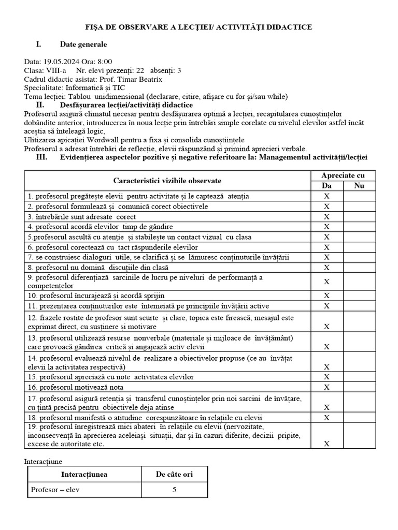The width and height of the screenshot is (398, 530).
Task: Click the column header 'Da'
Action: point(326,186)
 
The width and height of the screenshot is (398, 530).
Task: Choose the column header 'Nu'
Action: point(359,186)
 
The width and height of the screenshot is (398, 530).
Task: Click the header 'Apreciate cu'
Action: point(343,175)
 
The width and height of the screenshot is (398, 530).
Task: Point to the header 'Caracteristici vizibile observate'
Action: point(167,181)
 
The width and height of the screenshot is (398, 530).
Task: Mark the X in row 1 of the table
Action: point(326,196)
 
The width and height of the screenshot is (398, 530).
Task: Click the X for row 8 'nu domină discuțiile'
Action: point(326,268)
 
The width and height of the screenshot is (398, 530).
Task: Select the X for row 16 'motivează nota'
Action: point(326,387)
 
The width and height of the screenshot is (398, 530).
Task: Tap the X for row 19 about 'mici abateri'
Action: point(326,444)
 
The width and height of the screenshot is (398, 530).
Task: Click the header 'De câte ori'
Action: point(174,474)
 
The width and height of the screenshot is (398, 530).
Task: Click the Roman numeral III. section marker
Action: point(42,157)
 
